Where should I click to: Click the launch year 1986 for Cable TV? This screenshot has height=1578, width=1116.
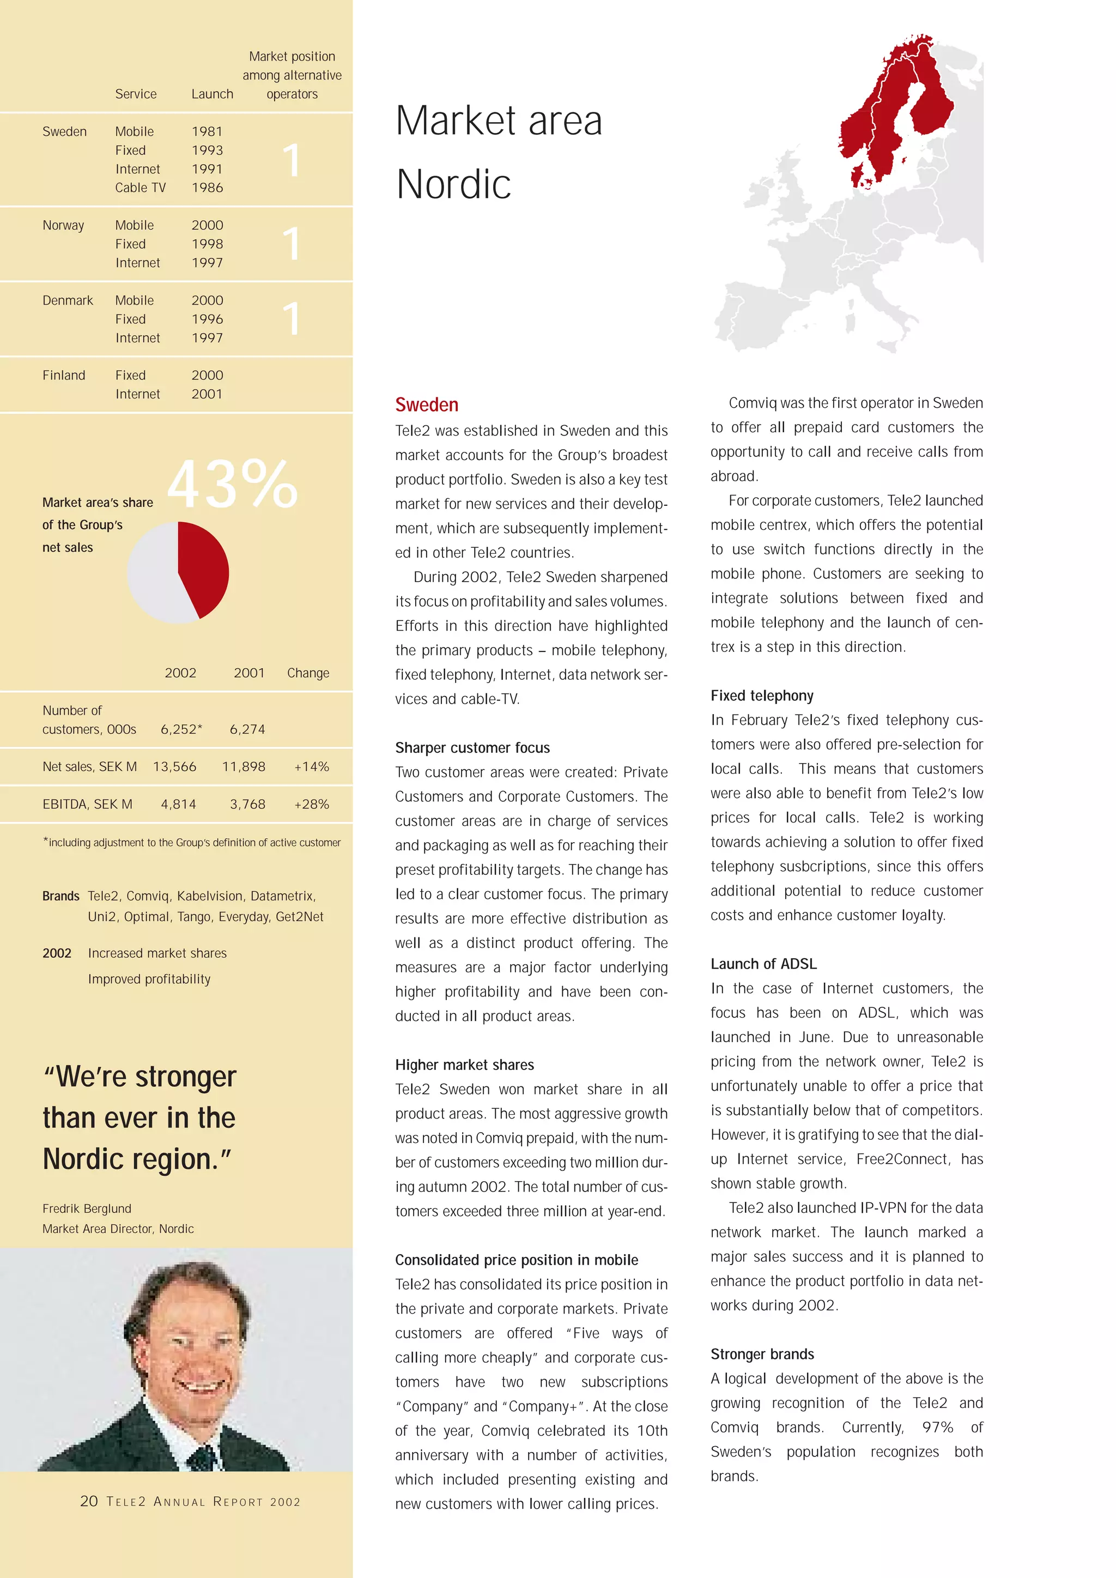click(x=207, y=188)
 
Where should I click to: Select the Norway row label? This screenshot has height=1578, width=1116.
click(x=63, y=226)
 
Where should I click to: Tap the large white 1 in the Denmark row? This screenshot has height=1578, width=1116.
click(x=292, y=319)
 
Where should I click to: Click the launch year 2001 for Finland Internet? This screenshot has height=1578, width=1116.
click(x=207, y=394)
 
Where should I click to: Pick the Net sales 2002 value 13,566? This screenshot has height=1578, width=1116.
click(x=174, y=766)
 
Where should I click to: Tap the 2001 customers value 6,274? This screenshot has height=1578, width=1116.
click(x=247, y=729)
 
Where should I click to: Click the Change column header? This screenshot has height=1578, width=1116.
click(x=308, y=673)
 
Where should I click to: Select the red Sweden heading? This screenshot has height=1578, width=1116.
click(x=427, y=405)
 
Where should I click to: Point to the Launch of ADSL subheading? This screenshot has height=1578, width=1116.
click(x=763, y=964)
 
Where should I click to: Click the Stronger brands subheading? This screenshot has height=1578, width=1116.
click(x=762, y=1354)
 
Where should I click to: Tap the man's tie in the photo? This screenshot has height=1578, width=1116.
click(x=202, y=1456)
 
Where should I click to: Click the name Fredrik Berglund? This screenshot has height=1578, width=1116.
click(x=87, y=1208)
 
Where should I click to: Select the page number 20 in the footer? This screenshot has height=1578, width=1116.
click(x=89, y=1501)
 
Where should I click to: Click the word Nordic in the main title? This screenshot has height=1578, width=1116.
click(x=453, y=184)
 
